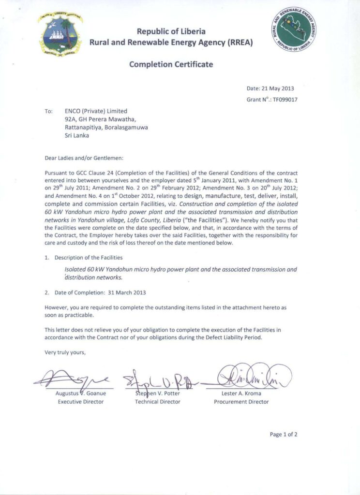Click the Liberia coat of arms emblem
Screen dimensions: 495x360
click(x=60, y=35)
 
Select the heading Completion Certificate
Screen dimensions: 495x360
click(x=171, y=64)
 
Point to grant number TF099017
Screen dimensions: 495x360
click(x=285, y=100)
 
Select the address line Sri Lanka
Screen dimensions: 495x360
click(x=77, y=136)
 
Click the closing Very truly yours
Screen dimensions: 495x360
click(x=65, y=352)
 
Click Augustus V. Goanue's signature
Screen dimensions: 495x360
click(x=73, y=378)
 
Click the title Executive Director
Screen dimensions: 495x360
click(x=80, y=402)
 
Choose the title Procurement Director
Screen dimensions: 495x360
click(x=241, y=402)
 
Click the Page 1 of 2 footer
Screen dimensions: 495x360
click(x=284, y=434)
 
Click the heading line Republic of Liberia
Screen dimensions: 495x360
click(x=171, y=31)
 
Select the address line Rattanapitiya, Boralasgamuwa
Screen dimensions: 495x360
click(x=106, y=128)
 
